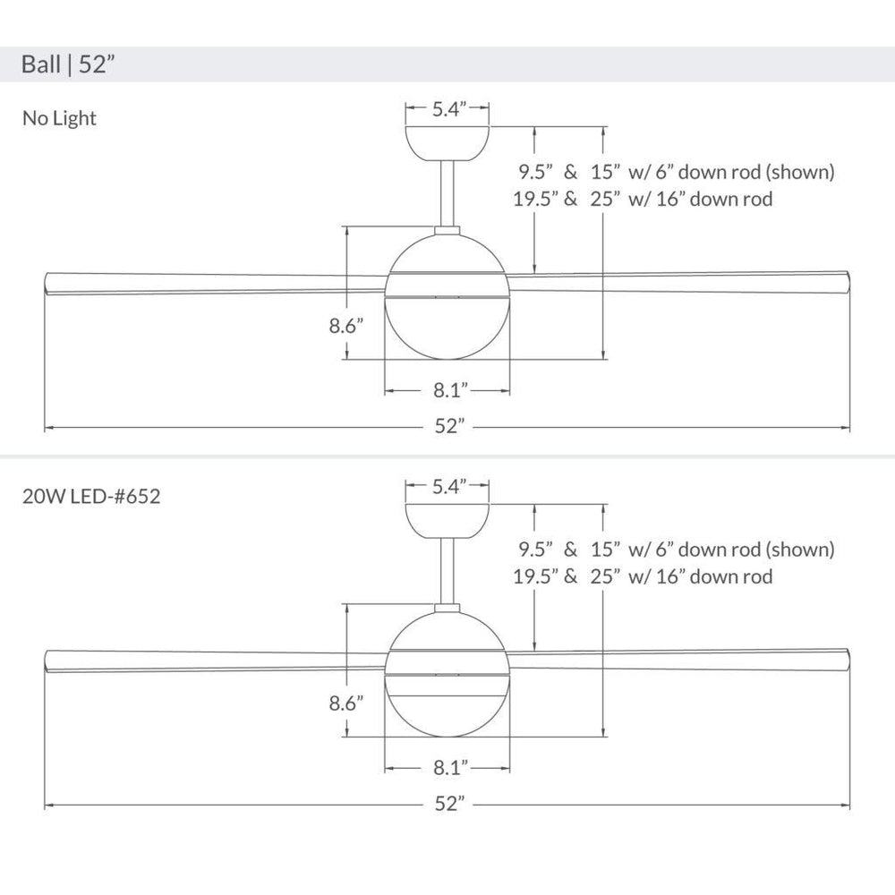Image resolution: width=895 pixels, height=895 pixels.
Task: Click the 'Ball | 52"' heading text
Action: (68, 64)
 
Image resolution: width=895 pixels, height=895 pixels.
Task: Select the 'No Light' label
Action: (59, 118)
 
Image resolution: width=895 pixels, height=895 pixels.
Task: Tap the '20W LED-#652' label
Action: (91, 496)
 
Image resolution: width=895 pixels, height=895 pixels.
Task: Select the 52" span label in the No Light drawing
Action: (450, 426)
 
